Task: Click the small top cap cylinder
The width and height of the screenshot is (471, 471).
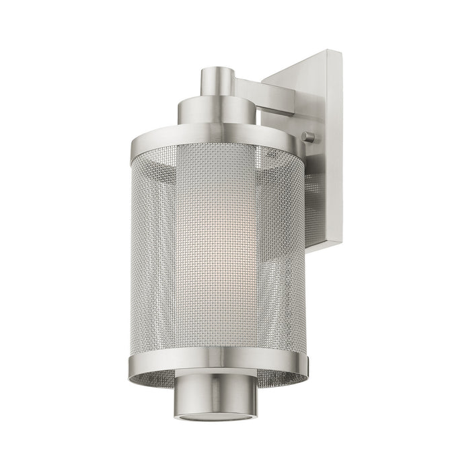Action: pos(218,81)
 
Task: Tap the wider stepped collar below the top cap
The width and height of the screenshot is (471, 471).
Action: pos(217,110)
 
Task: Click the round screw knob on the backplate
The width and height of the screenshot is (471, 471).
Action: pos(308,137)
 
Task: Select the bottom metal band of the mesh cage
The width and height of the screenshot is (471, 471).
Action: pos(215,363)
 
